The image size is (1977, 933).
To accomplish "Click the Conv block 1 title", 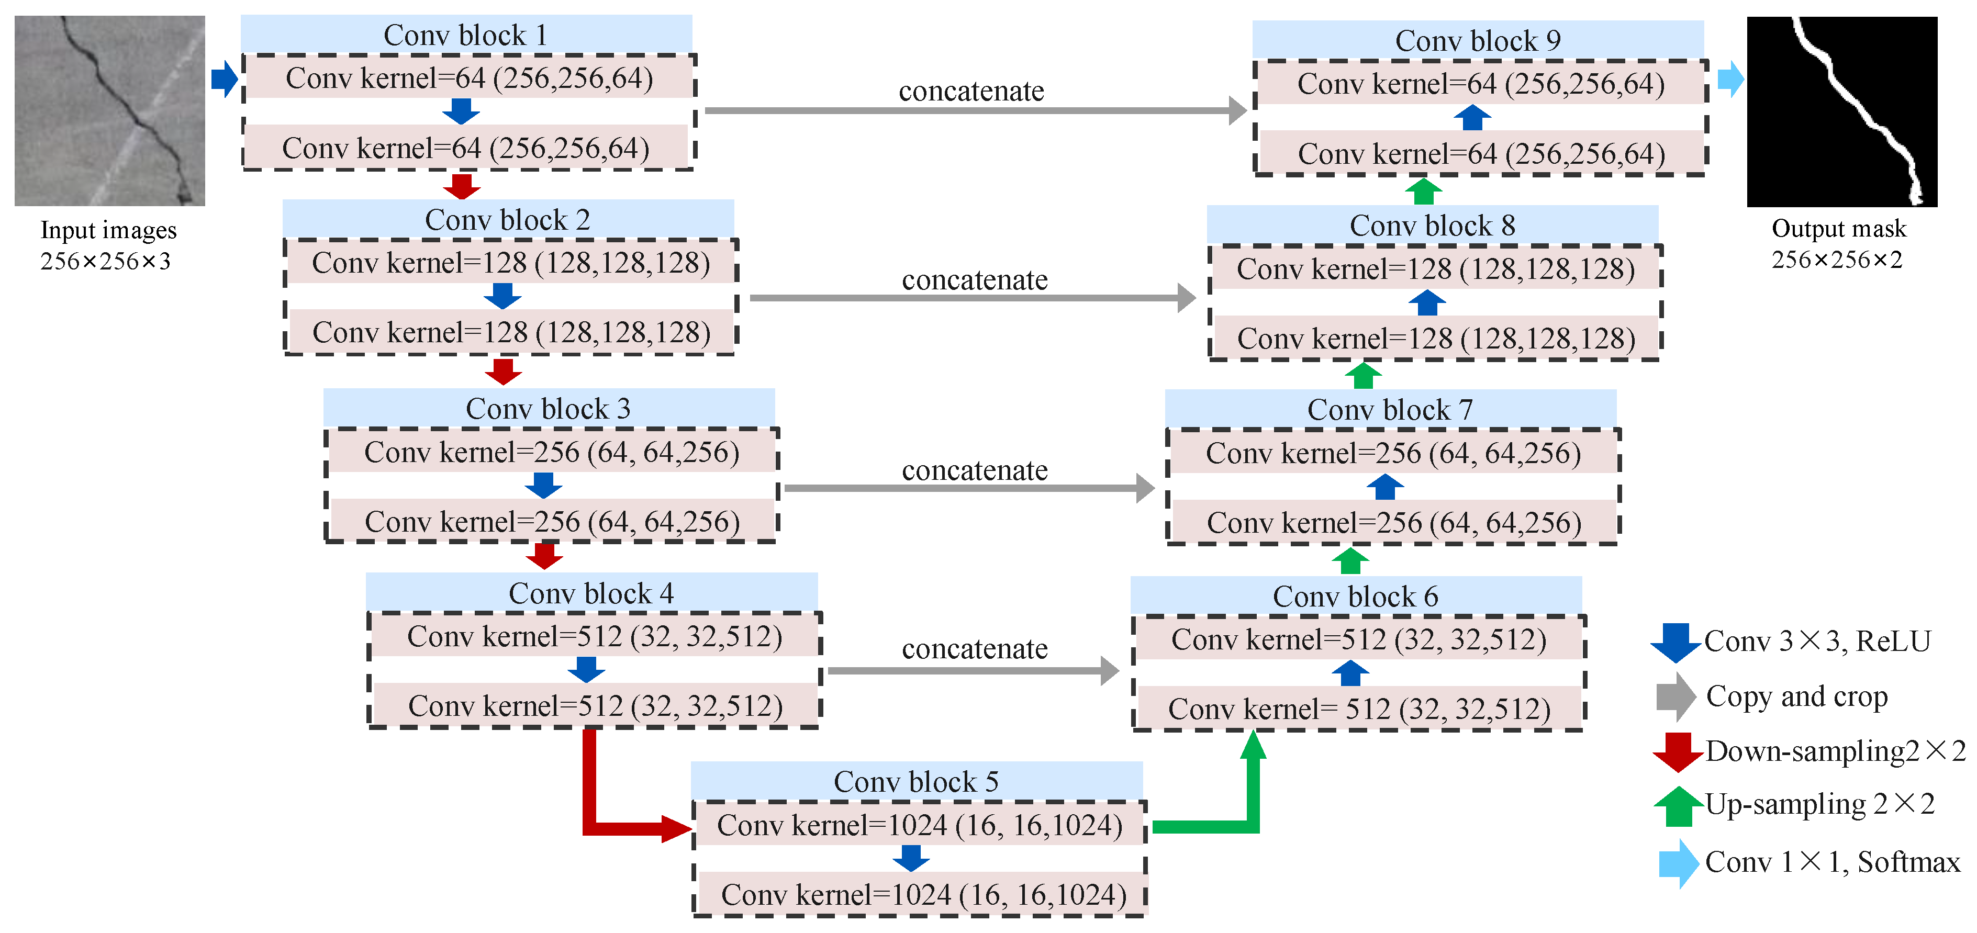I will pyautogui.click(x=465, y=35).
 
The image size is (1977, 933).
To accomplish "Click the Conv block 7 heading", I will pyautogui.click(x=1390, y=410).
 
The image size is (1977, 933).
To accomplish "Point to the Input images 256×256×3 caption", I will pyautogui.click(x=107, y=245).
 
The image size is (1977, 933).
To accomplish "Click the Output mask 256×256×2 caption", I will pyautogui.click(x=1838, y=244).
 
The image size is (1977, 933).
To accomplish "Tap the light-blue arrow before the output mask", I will pyautogui.click(x=1730, y=79).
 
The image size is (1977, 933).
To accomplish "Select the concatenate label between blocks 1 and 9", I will pyautogui.click(x=971, y=91).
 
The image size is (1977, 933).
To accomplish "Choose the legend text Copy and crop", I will pyautogui.click(x=1796, y=696).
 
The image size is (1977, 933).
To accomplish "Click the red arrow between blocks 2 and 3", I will pyautogui.click(x=504, y=372).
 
